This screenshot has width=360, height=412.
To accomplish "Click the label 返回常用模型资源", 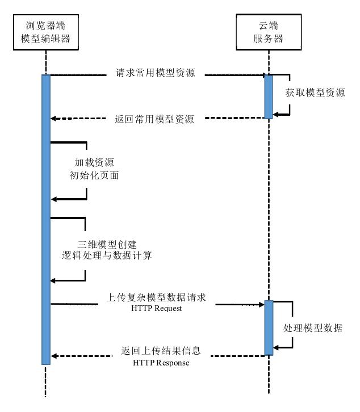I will (154, 119).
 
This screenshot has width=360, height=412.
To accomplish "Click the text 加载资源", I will (94, 162).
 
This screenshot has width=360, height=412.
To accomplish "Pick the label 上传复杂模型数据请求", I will (156, 297).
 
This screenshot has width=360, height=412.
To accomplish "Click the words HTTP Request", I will (156, 308).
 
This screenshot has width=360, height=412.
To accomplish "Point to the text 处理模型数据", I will (313, 329).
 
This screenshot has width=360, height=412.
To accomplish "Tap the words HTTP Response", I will (161, 362).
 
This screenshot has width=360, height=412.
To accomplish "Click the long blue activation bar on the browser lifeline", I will (46, 219).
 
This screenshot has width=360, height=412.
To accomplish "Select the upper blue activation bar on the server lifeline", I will (268, 96).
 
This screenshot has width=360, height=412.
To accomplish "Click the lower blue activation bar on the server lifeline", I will (269, 327).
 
